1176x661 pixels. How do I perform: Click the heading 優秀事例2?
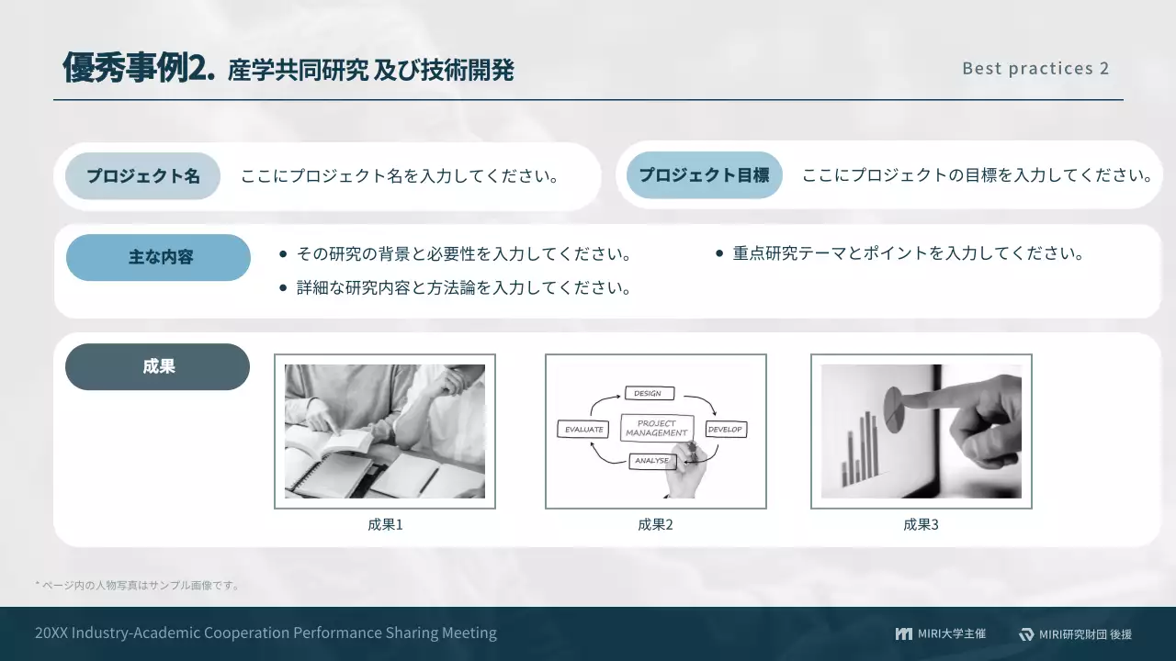[x=139, y=69]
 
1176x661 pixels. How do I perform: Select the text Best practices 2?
[x=1035, y=69]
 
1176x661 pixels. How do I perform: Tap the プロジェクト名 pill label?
[x=143, y=176]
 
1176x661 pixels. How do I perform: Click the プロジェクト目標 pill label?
[x=704, y=175]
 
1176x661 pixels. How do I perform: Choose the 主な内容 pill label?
[x=159, y=258]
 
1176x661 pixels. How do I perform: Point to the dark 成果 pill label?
[x=158, y=366]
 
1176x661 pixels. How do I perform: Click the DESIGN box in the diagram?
[x=648, y=393]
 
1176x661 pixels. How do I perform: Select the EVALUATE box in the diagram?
[x=583, y=429]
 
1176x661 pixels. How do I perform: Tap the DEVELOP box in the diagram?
[x=725, y=429]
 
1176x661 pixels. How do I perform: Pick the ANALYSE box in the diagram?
[x=651, y=461]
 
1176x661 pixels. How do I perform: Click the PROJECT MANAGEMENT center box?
[x=656, y=428]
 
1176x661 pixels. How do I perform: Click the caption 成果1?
[x=385, y=525]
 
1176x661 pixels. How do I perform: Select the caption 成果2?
[x=655, y=525]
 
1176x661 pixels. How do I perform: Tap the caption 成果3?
[x=921, y=525]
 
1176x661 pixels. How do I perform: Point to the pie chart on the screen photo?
[x=892, y=401]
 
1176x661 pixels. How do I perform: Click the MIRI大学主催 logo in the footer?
[x=940, y=633]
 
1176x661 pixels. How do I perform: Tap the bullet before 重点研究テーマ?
[x=719, y=252]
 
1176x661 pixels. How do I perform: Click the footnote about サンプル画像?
[x=137, y=585]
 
